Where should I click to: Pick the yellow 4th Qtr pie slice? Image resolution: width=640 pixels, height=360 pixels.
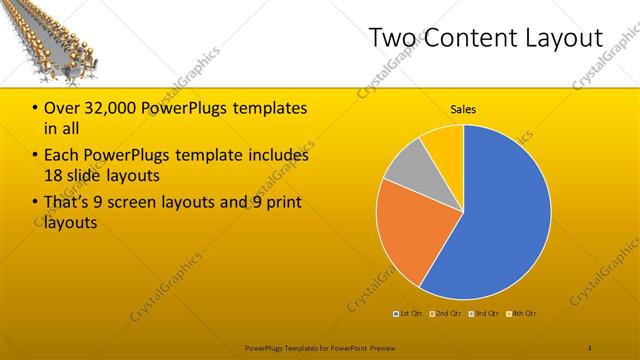[x=443, y=142]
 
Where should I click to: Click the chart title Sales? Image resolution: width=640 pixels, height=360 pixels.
[x=463, y=108]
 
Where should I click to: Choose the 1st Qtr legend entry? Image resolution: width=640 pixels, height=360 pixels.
[x=408, y=315]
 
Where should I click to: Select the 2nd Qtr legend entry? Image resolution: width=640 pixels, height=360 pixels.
[x=446, y=315]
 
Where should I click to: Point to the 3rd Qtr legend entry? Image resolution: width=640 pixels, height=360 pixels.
[x=485, y=315]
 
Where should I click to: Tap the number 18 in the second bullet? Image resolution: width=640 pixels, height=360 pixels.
[x=55, y=176]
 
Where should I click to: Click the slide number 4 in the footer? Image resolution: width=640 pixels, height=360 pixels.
[x=590, y=347]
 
